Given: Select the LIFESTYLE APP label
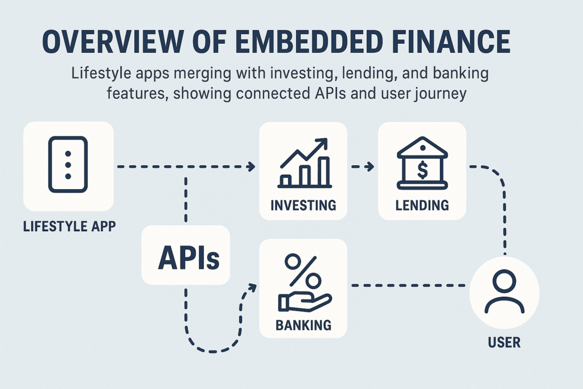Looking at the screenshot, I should pyautogui.click(x=69, y=226).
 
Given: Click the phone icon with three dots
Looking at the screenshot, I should pyautogui.click(x=68, y=165).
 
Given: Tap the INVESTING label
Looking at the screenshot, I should pyautogui.click(x=303, y=204).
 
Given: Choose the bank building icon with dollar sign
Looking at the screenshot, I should pyautogui.click(x=422, y=165).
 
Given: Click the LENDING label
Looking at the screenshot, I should pyautogui.click(x=422, y=204).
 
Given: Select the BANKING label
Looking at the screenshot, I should pyautogui.click(x=303, y=326).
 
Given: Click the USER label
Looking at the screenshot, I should pyautogui.click(x=504, y=343).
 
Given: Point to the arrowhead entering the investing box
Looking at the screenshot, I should pyautogui.click(x=251, y=167).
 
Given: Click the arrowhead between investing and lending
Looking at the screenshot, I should pyautogui.click(x=371, y=167).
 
